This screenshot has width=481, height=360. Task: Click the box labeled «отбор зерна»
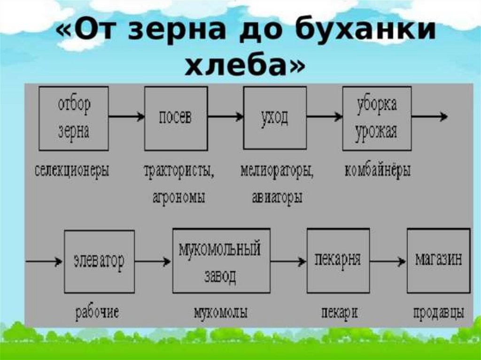(73, 118)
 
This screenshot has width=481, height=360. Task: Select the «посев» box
(176, 118)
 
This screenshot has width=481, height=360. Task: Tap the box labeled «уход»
(275, 118)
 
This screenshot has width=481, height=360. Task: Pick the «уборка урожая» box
(376, 118)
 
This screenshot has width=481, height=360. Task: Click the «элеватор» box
(99, 261)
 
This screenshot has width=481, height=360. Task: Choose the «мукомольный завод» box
(221, 260)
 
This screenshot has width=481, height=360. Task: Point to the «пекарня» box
(338, 260)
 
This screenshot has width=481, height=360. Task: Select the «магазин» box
(438, 260)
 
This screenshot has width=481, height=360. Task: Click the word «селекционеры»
(72, 170)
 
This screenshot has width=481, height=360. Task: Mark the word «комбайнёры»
(378, 170)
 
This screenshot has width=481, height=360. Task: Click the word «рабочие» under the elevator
(97, 312)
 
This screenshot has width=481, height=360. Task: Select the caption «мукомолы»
(220, 312)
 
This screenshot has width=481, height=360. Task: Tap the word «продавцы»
(439, 312)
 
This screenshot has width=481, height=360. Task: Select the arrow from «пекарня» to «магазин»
(388, 261)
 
